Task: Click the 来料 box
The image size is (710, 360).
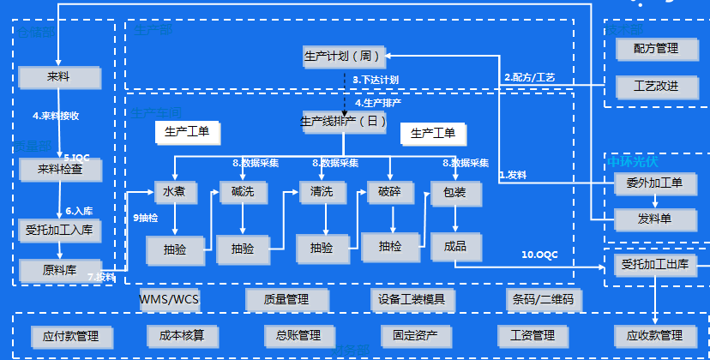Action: point(61,78)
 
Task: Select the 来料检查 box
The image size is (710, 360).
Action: point(61,169)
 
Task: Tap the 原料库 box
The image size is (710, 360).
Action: point(61,269)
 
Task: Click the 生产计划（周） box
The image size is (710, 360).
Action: point(343,57)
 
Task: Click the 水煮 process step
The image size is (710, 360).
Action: point(175,193)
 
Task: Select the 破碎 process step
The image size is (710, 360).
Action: point(390,193)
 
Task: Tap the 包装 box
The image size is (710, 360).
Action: point(454,193)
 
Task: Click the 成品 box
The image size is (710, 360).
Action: point(454,246)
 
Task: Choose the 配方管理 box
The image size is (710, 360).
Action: point(656,49)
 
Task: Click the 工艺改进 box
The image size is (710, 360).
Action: point(656,87)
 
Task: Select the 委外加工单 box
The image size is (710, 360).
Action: point(656,183)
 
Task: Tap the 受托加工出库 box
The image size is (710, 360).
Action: point(656,264)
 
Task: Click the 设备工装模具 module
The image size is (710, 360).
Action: point(412,300)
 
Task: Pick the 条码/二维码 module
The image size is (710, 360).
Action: point(544,300)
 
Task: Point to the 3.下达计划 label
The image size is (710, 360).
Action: point(376,80)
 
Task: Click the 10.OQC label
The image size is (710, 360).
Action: point(540,255)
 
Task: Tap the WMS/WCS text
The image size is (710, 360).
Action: point(169,300)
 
